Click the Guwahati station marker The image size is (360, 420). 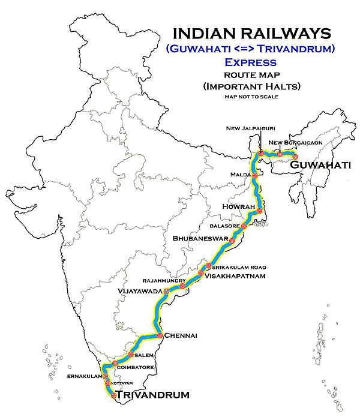(295, 156)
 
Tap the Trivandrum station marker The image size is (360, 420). (113, 394)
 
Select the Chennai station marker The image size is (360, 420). (160, 335)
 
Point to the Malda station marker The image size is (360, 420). (255, 176)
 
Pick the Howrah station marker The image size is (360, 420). (259, 211)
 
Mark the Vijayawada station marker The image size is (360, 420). (158, 295)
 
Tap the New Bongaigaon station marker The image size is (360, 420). (280, 154)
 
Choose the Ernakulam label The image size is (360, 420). (84, 376)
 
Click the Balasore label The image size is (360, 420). (224, 227)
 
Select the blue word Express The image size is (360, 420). (250, 62)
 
